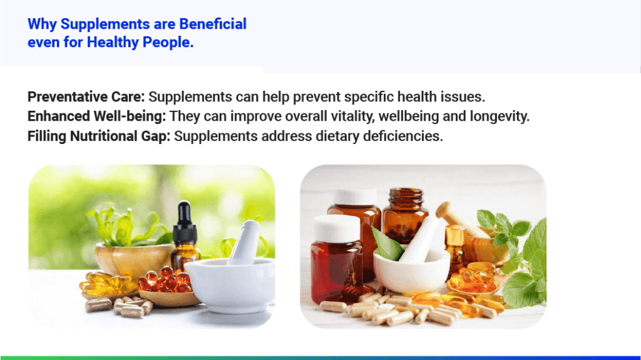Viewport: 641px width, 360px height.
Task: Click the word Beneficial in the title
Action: (213, 24)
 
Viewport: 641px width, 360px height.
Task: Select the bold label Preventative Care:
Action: (86, 97)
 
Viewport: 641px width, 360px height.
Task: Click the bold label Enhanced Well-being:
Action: (97, 116)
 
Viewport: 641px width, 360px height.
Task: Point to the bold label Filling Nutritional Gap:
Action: (99, 136)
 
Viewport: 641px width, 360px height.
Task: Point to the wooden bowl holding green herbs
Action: (133, 260)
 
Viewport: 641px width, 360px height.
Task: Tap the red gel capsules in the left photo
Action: (165, 280)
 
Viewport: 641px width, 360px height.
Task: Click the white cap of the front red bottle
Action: (336, 229)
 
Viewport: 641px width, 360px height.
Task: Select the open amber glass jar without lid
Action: (404, 215)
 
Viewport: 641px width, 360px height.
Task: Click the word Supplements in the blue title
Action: (105, 24)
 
